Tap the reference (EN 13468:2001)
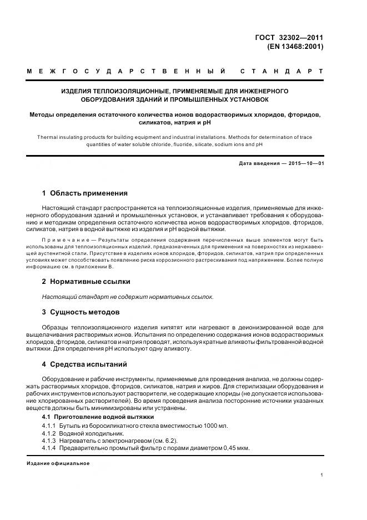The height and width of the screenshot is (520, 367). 295,47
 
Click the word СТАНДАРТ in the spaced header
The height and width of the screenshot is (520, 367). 282,72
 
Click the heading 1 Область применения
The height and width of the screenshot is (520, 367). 85,193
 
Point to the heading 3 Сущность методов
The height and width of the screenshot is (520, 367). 81,312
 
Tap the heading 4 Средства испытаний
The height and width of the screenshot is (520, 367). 85,364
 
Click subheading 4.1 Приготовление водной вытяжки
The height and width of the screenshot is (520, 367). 98,417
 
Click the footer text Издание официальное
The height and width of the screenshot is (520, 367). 58,463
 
